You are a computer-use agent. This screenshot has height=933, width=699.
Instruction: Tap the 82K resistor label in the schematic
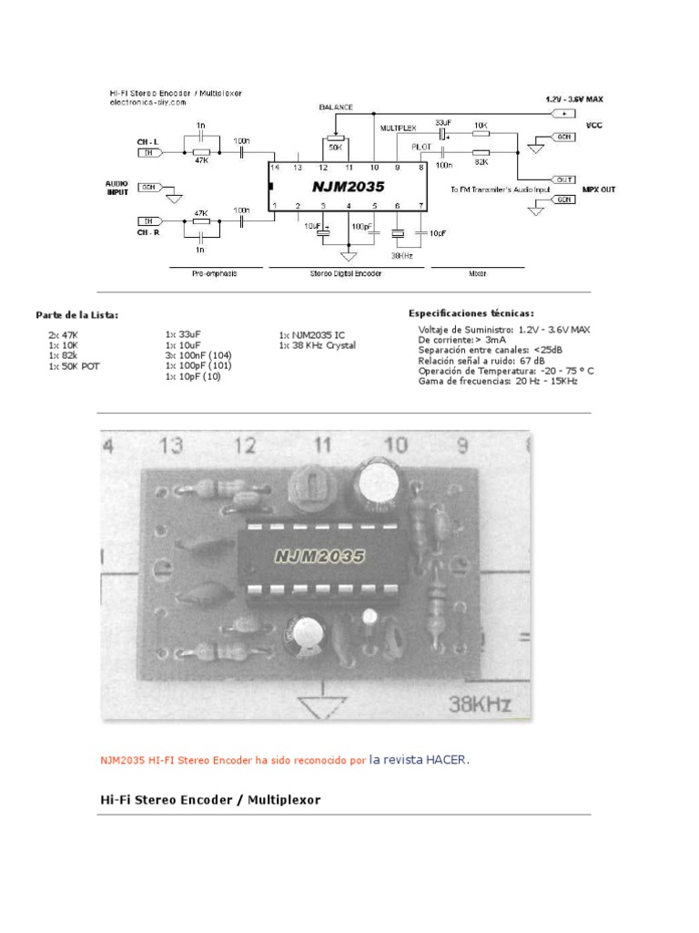pyautogui.click(x=481, y=161)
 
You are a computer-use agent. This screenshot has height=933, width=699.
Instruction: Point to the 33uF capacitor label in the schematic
pyautogui.click(x=443, y=122)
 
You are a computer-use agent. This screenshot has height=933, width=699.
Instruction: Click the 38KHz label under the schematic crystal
pyautogui.click(x=400, y=256)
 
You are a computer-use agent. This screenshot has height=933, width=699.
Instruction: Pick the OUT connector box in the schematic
pyautogui.click(x=563, y=179)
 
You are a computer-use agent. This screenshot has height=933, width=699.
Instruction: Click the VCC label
pyautogui.click(x=593, y=126)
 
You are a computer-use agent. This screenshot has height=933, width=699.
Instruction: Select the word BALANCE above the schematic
pyautogui.click(x=336, y=107)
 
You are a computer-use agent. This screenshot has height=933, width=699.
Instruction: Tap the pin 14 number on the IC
pyautogui.click(x=274, y=168)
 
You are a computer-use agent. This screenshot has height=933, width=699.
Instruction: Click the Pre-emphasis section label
pyautogui.click(x=215, y=273)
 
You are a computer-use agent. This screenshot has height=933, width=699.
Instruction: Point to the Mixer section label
pyautogui.click(x=476, y=273)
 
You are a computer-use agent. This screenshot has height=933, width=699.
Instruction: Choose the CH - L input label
pyautogui.click(x=148, y=141)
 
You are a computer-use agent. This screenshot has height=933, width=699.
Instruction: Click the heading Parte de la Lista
pyautogui.click(x=77, y=314)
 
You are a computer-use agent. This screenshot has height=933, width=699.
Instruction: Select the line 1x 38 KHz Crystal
pyautogui.click(x=317, y=346)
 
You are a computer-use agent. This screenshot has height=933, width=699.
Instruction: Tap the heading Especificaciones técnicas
pyautogui.click(x=471, y=313)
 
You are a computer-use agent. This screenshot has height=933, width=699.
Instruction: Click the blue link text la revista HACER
pyautogui.click(x=420, y=759)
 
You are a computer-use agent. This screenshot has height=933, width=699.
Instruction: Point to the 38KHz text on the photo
pyautogui.click(x=479, y=703)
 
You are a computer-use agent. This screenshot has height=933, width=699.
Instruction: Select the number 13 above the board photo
pyautogui.click(x=171, y=446)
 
